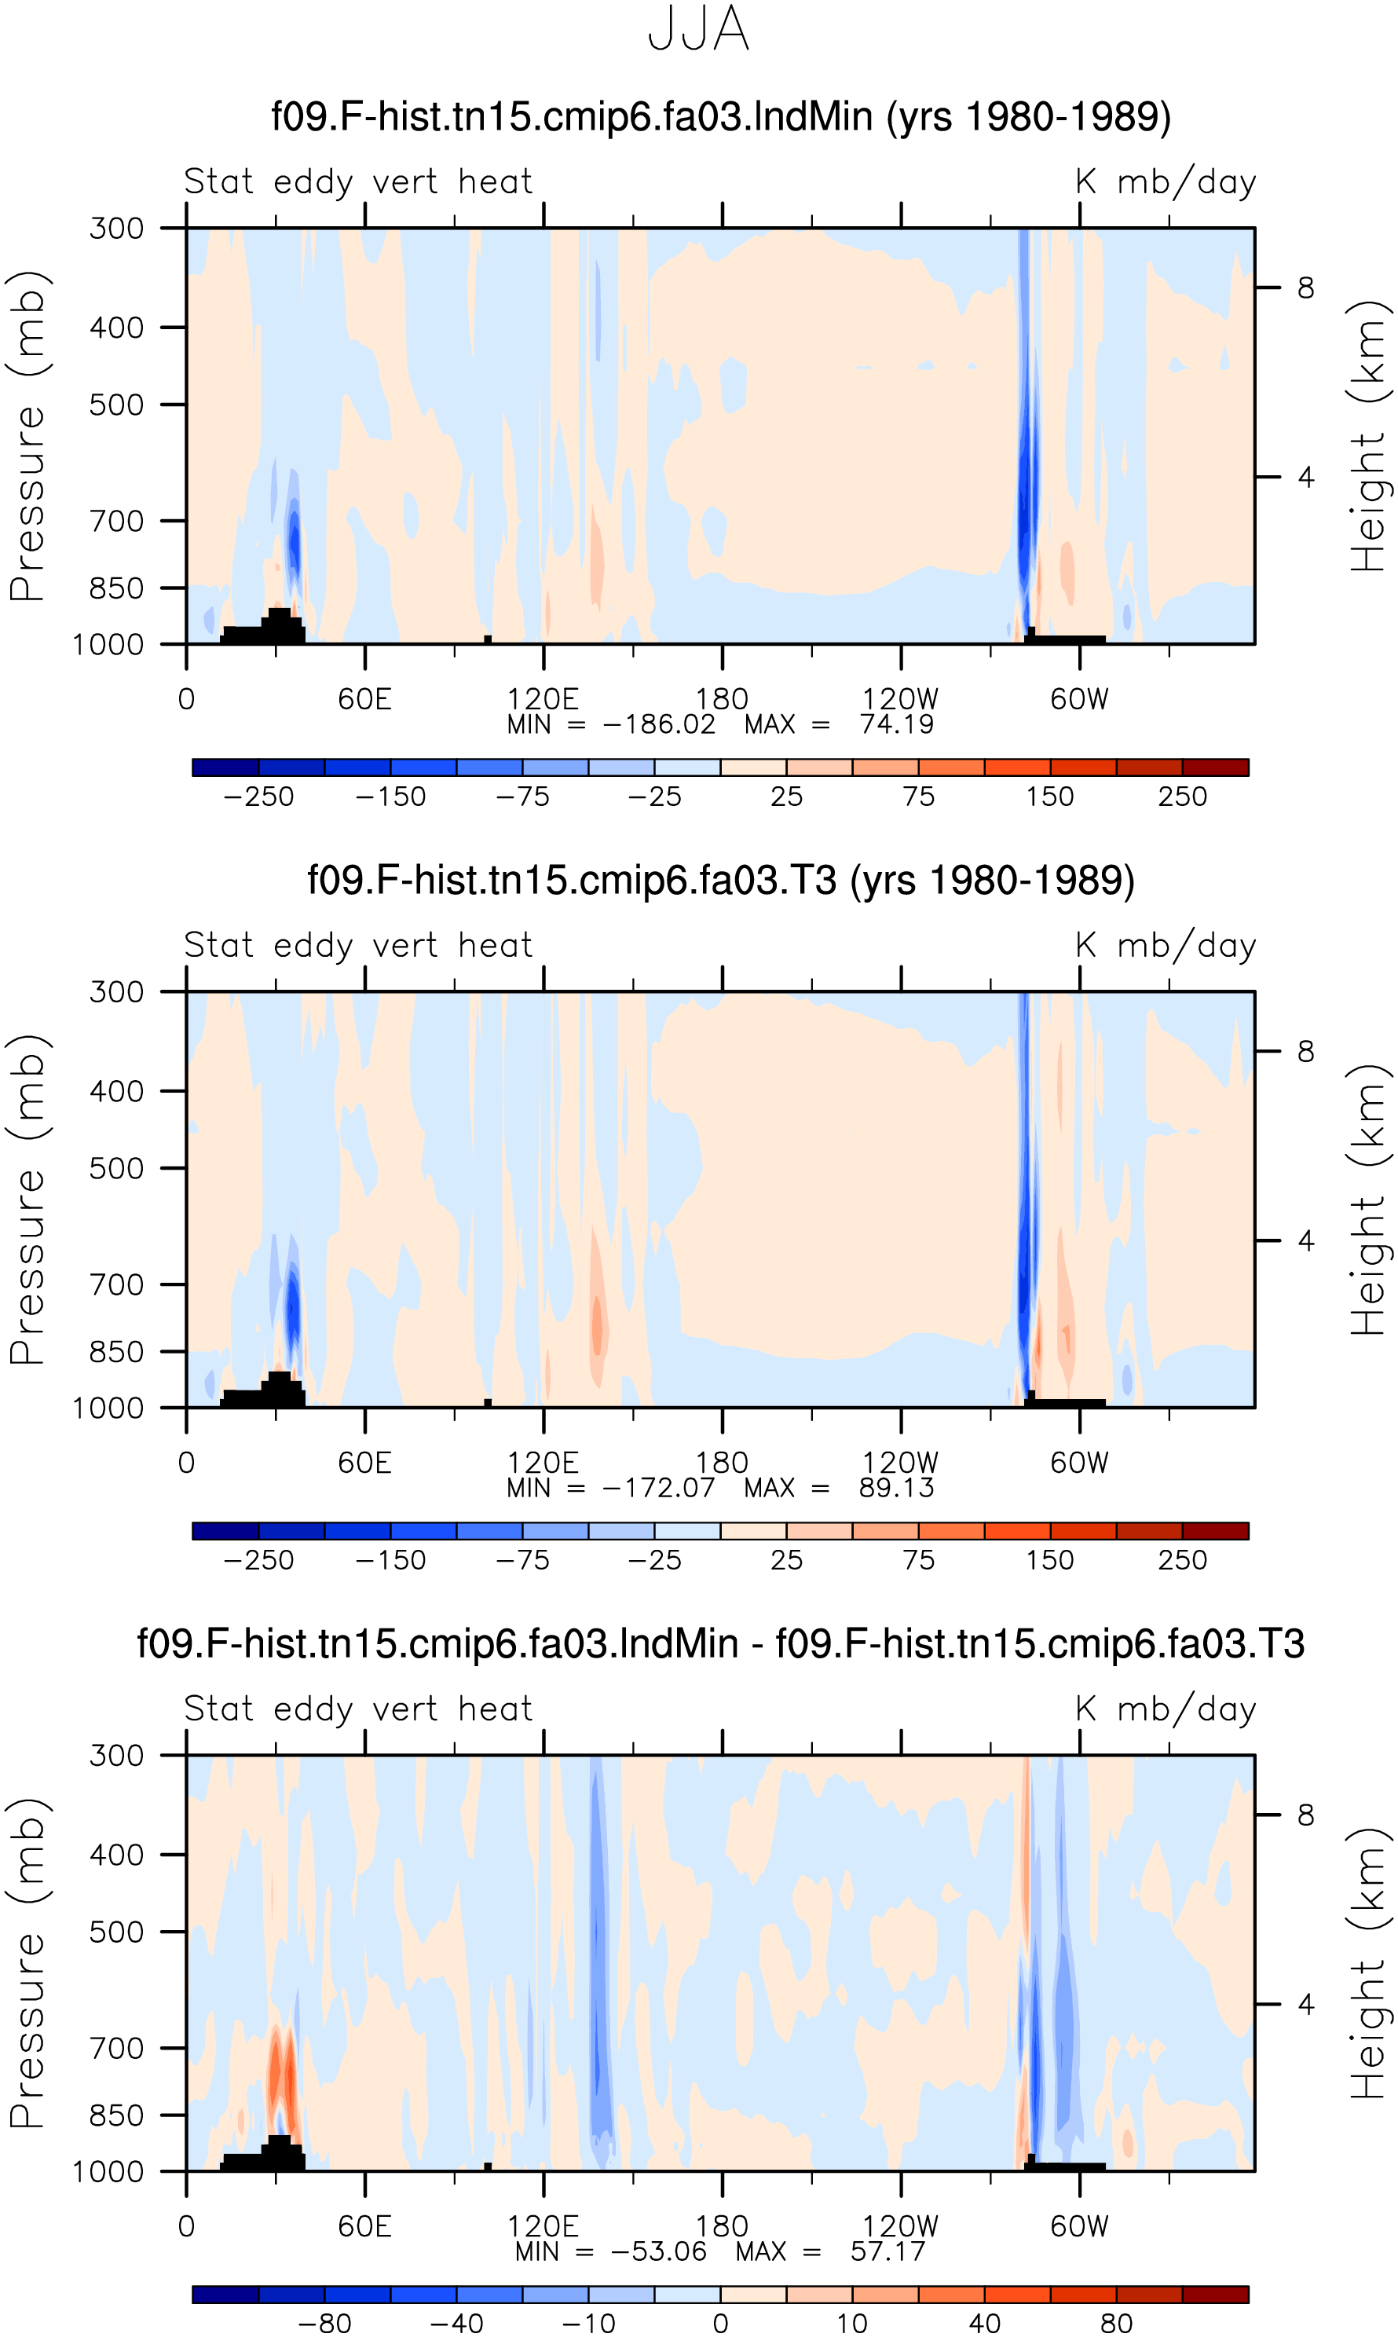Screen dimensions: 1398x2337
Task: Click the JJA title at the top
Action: click(699, 29)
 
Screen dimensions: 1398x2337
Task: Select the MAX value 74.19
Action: click(897, 725)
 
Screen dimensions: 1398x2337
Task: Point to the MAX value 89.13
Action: click(897, 1489)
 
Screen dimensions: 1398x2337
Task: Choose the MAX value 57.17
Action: click(888, 2252)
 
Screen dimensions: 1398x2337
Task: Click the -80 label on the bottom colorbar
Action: click(324, 2324)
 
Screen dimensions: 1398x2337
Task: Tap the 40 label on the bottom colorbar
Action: click(984, 2324)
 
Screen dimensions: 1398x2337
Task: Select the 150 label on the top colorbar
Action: click(1049, 797)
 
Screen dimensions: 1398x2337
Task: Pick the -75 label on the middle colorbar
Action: click(522, 1560)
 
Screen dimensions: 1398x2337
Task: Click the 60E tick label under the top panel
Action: click(364, 700)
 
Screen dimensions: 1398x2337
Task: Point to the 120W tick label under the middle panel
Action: click(901, 1463)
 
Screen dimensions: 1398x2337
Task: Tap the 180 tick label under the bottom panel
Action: click(722, 2227)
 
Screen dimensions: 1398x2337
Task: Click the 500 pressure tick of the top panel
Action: click(117, 405)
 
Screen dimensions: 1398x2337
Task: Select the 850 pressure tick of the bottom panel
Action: click(117, 2115)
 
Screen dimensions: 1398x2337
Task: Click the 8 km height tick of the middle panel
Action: click(1305, 1051)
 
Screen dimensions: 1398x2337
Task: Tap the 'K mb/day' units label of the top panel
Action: click(1166, 181)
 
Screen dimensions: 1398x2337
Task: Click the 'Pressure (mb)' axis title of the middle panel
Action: click(27, 1200)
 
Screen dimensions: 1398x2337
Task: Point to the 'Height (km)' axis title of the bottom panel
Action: click(1370, 1964)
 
